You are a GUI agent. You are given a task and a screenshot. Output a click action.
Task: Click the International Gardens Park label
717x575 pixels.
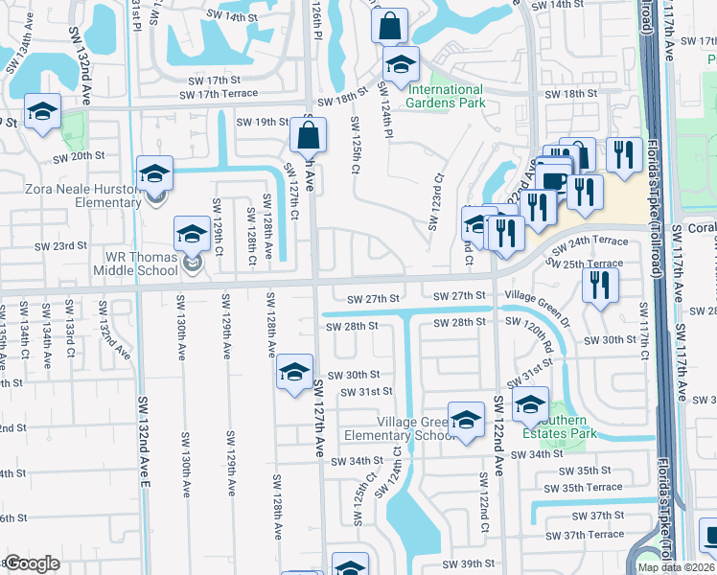(x=444, y=96)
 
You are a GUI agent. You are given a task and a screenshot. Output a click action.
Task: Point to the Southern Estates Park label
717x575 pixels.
(x=559, y=426)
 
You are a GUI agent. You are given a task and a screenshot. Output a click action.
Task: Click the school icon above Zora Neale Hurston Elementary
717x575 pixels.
(x=154, y=173)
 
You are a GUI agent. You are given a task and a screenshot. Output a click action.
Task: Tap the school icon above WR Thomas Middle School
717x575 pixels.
(x=192, y=234)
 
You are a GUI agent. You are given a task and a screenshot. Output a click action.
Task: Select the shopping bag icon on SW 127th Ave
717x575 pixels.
(x=309, y=135)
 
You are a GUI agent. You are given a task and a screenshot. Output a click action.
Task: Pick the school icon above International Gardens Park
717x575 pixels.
(x=401, y=64)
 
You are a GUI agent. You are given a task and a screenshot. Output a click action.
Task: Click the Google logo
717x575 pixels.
(x=33, y=563)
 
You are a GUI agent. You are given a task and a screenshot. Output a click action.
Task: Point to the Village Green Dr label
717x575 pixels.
(x=537, y=296)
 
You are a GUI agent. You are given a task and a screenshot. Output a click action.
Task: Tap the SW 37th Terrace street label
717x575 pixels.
(x=584, y=534)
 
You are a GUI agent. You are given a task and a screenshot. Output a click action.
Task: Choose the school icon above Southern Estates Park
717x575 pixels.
(x=529, y=404)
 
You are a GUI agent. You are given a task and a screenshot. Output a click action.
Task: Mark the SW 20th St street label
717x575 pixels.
(x=78, y=156)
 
